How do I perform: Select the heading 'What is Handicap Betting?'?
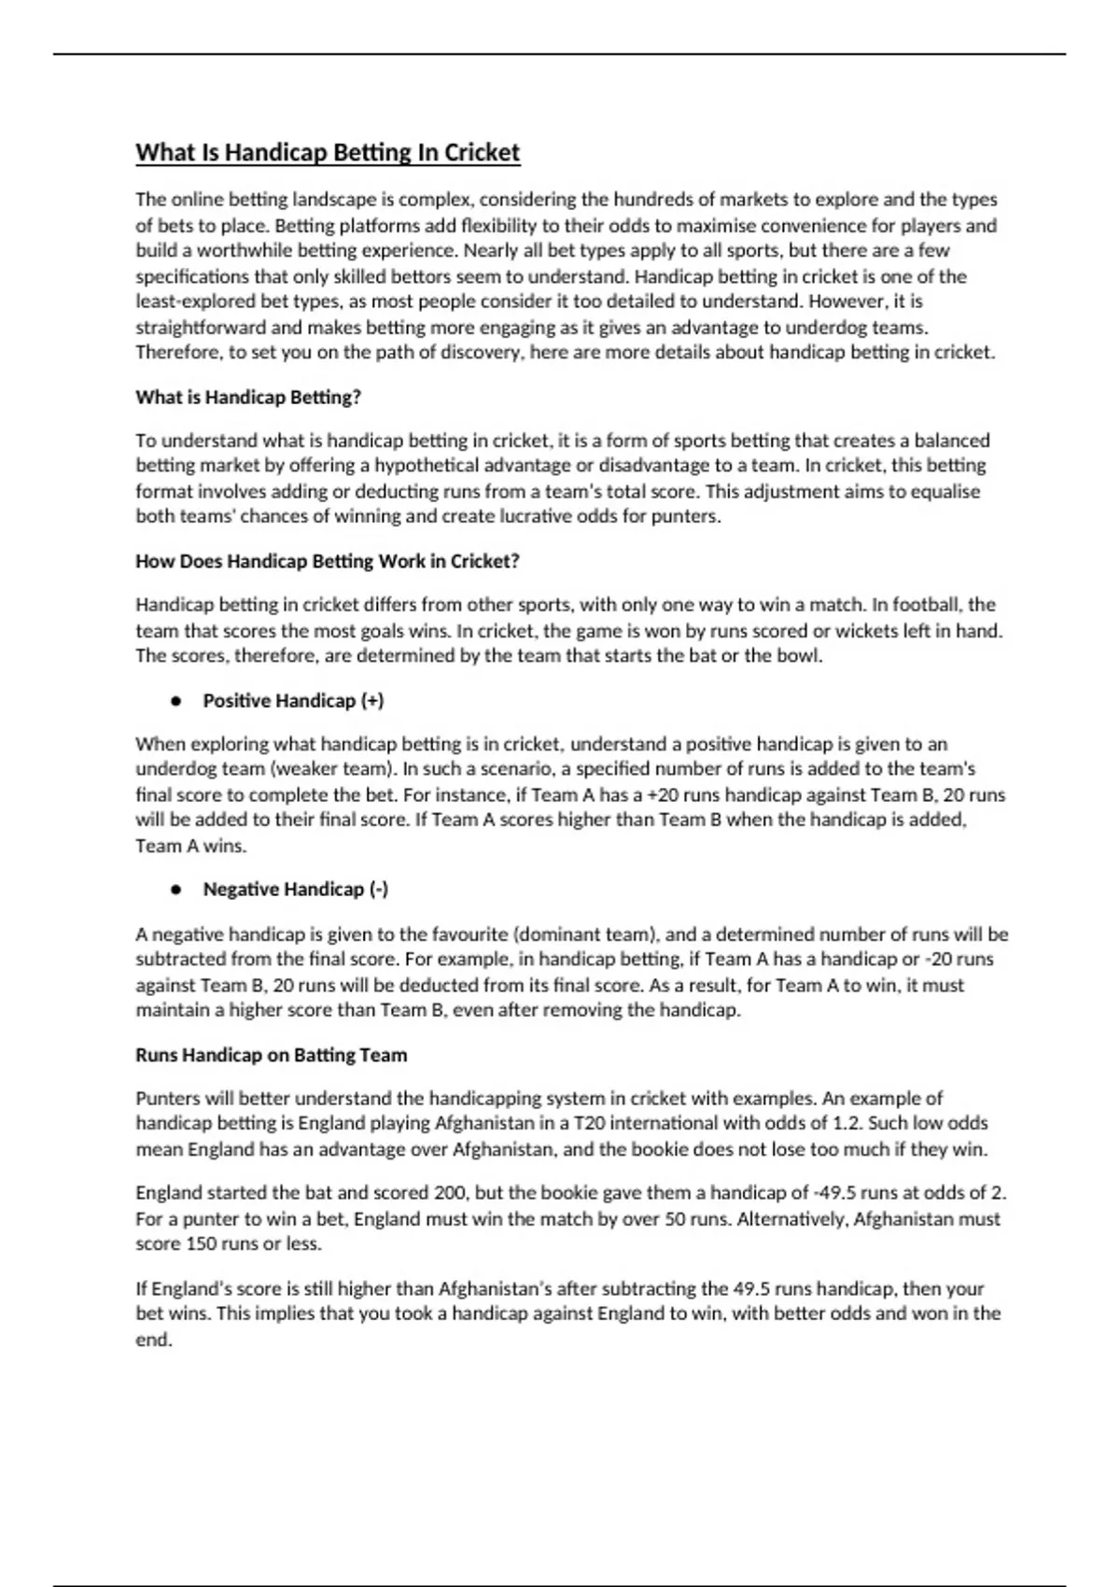click(248, 398)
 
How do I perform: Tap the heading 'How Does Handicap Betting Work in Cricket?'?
click(328, 562)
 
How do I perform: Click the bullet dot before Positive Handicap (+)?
click(175, 702)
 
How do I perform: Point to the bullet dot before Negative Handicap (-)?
click(175, 891)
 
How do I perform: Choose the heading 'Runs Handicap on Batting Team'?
click(272, 1056)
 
